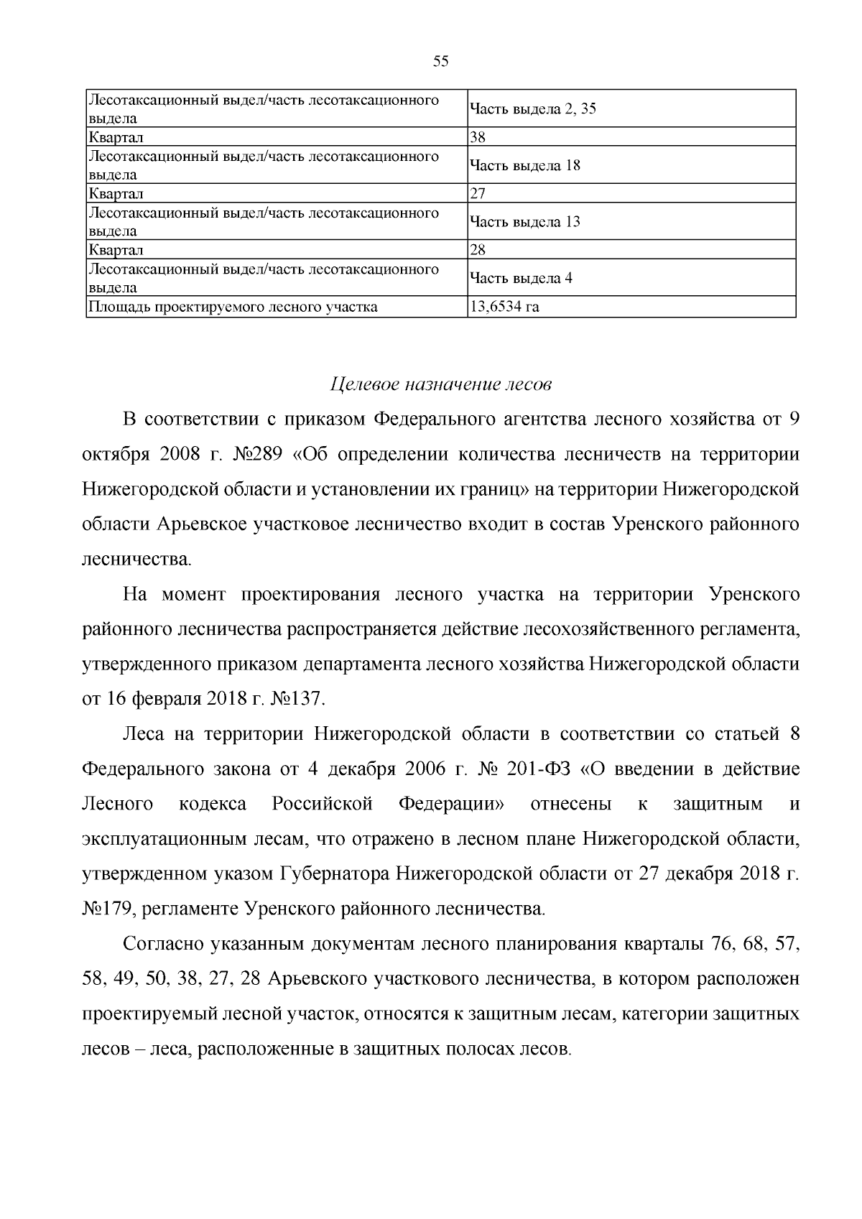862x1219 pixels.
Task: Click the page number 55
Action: [x=440, y=62]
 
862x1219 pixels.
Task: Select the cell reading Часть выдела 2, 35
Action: [x=532, y=109]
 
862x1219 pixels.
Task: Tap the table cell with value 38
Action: [x=478, y=136]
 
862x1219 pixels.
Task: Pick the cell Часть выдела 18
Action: [x=524, y=166]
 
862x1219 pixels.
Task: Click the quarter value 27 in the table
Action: [x=478, y=193]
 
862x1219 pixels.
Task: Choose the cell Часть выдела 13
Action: [x=524, y=222]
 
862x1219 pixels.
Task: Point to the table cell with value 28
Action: [x=478, y=250]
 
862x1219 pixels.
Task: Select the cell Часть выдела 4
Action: [x=521, y=279]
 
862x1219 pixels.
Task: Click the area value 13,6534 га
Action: [x=504, y=307]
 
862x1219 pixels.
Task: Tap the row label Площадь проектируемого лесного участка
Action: [x=232, y=307]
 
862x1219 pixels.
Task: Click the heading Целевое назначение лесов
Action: [x=440, y=385]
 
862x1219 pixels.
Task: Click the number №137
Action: [x=298, y=698]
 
